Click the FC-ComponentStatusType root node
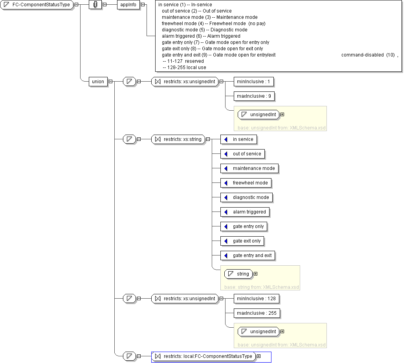[x=37, y=4]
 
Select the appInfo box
[x=128, y=4]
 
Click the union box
[x=98, y=82]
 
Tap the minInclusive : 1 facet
[x=254, y=82]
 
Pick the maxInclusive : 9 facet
[x=254, y=96]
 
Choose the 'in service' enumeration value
[x=239, y=139]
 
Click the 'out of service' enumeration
[x=242, y=154]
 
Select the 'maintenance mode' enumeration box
[x=249, y=168]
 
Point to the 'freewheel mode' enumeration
[x=246, y=183]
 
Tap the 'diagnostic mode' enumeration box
[x=247, y=197]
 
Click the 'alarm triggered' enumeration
[x=245, y=212]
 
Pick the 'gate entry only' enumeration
[x=244, y=226]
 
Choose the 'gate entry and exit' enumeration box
[x=248, y=255]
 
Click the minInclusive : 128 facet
[x=256, y=299]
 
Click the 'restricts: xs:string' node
[x=178, y=139]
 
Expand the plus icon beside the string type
[x=256, y=274]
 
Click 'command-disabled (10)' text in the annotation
[x=368, y=55]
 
